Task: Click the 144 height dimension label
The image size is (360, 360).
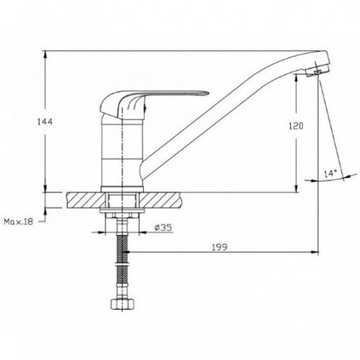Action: coord(45,122)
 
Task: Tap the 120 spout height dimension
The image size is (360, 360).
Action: coord(296,126)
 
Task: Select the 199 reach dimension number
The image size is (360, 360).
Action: coord(220,247)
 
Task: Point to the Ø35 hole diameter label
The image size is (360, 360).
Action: coord(163,228)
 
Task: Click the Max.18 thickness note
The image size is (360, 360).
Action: coord(18,222)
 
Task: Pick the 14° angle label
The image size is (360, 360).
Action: coord(330,174)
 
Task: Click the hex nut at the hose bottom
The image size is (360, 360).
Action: coord(122,304)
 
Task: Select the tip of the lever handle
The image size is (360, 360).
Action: coord(209,94)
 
